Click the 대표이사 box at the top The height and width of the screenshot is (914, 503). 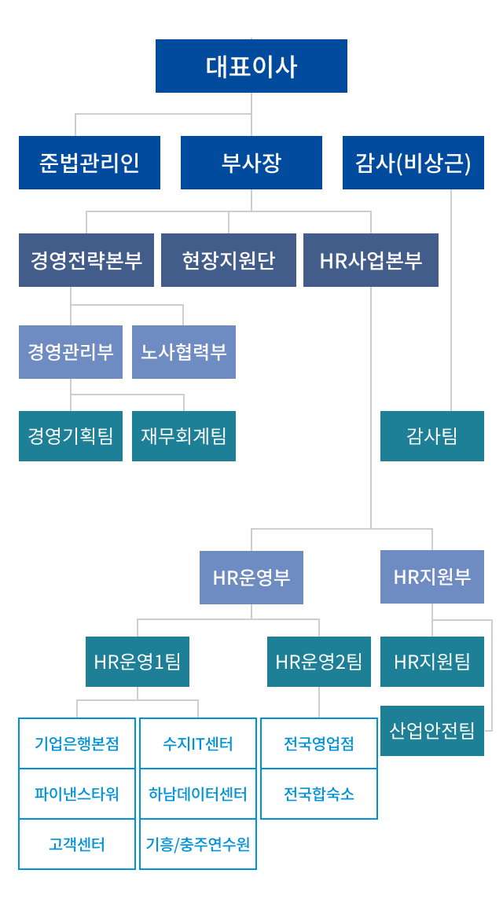coord(251,66)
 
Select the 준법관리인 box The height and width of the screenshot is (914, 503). coord(90,163)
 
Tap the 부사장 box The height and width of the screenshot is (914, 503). coord(251,163)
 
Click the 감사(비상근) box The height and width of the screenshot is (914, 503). coord(413,163)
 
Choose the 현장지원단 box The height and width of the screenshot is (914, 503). coord(229,260)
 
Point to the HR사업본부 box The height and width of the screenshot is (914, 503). coord(371,260)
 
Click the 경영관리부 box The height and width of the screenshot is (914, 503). coord(71,352)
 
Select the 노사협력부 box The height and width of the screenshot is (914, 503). coord(184,352)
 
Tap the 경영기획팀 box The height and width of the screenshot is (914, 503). coord(71,435)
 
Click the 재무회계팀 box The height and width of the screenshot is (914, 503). coord(184,435)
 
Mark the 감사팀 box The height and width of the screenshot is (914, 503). coord(432,435)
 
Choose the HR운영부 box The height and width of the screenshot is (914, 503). coord(251,578)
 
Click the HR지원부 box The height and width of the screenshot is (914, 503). coord(432,578)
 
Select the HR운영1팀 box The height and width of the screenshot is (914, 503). coord(138,662)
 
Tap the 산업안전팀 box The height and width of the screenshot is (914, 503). coord(432,731)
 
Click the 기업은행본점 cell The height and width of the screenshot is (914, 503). coord(77,743)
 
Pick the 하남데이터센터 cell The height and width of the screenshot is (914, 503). coord(198,794)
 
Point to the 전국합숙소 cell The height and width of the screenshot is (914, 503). coord(319,794)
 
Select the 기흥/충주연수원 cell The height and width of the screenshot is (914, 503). coord(198,844)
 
